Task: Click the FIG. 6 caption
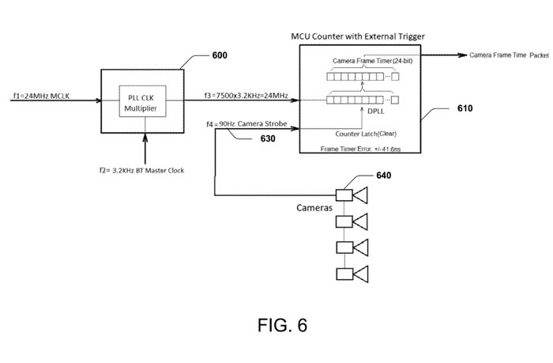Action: pos(276,326)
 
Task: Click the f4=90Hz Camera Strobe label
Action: pos(250,124)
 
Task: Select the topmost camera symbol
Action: pos(352,195)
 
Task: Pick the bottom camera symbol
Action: pos(352,274)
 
